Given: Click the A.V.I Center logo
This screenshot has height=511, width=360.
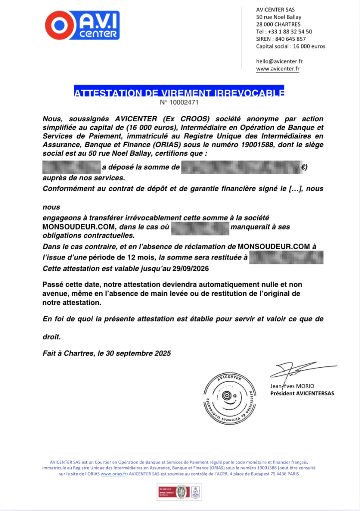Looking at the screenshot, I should [x=82, y=25].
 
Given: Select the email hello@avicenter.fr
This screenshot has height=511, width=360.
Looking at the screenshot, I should [x=279, y=61].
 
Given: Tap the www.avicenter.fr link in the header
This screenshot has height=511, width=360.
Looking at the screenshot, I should [x=278, y=69].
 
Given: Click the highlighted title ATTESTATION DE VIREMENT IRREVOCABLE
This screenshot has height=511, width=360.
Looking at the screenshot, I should [x=179, y=93].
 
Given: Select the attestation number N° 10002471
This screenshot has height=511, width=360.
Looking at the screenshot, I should [x=179, y=102].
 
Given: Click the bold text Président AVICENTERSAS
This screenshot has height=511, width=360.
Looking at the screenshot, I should [x=302, y=393].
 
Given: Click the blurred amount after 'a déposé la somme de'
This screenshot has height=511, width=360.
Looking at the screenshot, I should [x=241, y=168].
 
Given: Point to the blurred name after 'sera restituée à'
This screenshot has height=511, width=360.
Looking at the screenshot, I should [x=286, y=257].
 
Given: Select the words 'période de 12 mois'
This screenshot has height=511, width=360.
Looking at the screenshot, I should [x=128, y=257].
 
